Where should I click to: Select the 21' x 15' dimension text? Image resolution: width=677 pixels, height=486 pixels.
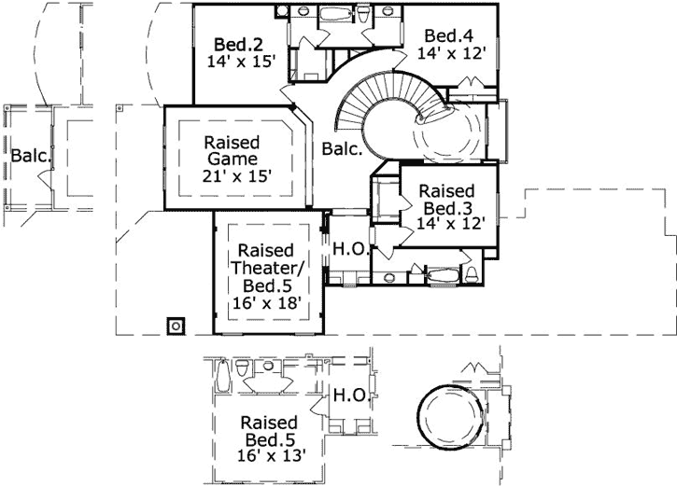click(236, 175)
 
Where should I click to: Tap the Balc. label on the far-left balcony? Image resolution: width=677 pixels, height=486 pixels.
click(30, 155)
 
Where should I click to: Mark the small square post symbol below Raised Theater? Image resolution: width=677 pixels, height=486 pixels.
click(175, 326)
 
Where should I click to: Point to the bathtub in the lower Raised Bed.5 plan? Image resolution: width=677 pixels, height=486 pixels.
click(221, 378)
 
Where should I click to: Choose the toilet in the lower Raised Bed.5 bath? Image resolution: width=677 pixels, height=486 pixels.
click(244, 371)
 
